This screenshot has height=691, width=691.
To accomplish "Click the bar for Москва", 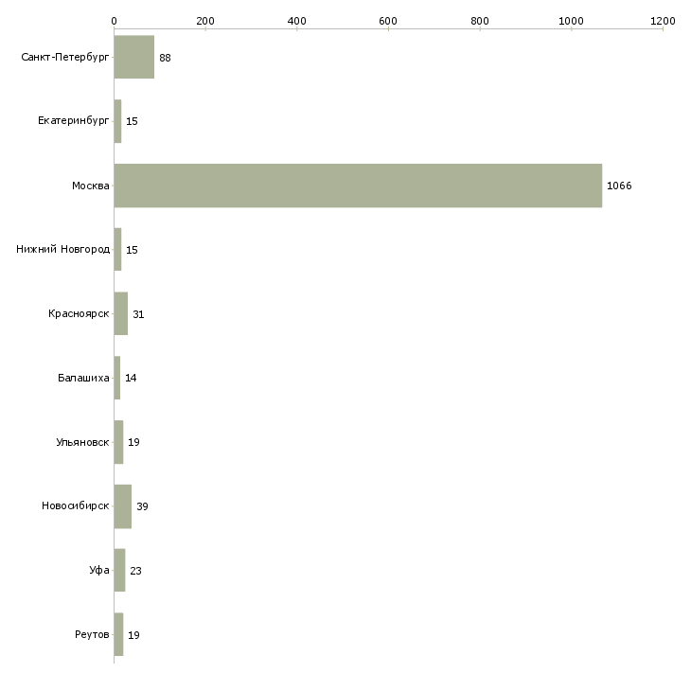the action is pos(358,186).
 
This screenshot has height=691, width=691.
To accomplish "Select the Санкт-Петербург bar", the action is pos(134,58).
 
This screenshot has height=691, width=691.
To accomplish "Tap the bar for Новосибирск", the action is pos(122,506).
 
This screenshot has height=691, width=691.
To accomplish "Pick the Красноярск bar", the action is pos(121,313).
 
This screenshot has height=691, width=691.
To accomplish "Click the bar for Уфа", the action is pos(119,570).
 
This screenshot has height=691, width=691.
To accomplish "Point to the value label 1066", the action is pos(619,186).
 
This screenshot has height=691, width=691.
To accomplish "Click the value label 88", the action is pos(165,58).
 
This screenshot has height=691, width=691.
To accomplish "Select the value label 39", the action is pos(142,506).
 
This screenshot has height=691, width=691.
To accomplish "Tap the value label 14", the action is pos(131,378).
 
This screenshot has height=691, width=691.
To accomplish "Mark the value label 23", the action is pos(135,571).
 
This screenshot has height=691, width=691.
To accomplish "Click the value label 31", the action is pos(138,314).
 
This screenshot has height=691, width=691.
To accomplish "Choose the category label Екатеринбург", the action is pos(73,121).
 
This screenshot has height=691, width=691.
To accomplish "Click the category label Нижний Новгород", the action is pos(62,250).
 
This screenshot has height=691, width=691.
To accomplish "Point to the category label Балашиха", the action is pos(83,378).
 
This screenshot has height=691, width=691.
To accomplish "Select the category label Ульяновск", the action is pos(82,442).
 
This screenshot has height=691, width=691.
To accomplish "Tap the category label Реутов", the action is pos(92,634).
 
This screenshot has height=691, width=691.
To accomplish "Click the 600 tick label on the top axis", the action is pos(388,21).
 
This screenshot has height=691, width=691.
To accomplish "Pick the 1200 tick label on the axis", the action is pos(663,21).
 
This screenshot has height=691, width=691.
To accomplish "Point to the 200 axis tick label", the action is pos(205,21).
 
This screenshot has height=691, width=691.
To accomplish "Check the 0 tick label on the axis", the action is pos(115,21).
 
